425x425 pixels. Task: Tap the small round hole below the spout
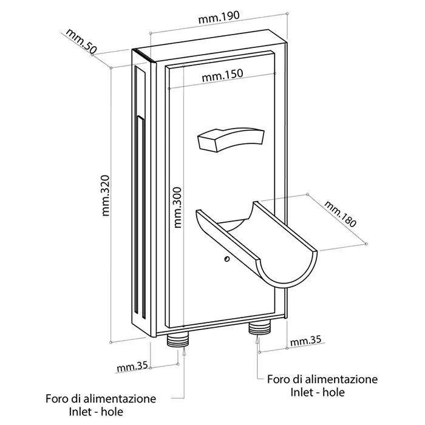227,259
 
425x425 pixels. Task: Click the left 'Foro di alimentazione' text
100,399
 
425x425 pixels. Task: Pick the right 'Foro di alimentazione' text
322,379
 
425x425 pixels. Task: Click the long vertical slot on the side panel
140,219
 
